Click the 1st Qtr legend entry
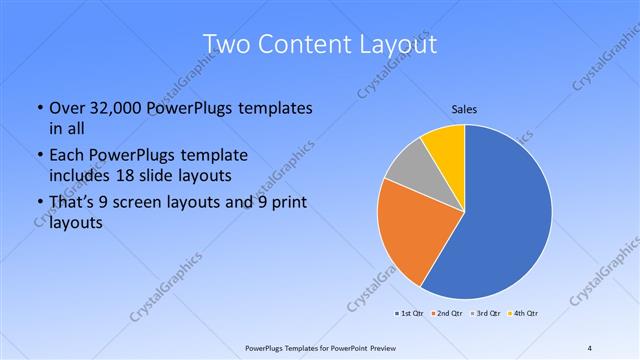pyautogui.click(x=412, y=314)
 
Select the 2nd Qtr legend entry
pyautogui.click(x=447, y=314)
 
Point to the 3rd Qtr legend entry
pyautogui.click(x=484, y=314)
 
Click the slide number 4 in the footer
pyautogui.click(x=590, y=348)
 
